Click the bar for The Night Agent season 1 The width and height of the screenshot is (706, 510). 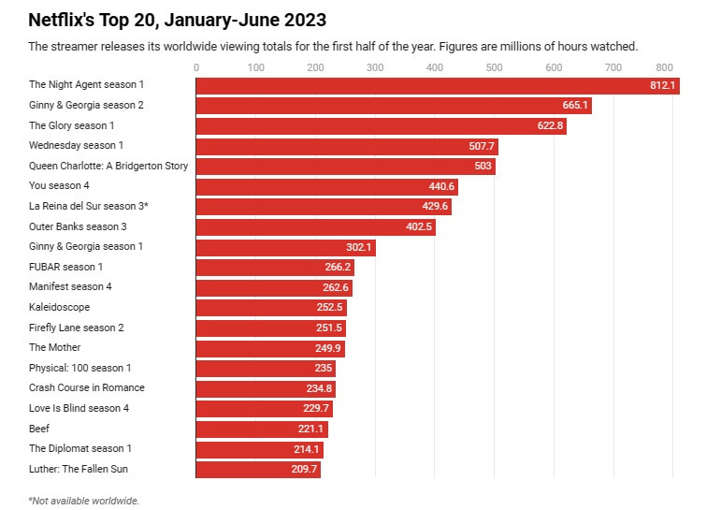(x=437, y=85)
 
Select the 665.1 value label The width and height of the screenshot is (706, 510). (x=574, y=106)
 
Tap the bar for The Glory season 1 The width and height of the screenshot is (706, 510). (x=381, y=126)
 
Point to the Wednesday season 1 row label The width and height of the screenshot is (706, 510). (x=76, y=146)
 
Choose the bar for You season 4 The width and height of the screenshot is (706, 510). (x=326, y=186)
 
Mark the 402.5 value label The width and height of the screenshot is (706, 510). (x=418, y=226)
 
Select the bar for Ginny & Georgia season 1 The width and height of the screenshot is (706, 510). (x=285, y=247)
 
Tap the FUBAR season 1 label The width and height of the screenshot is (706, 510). (x=65, y=267)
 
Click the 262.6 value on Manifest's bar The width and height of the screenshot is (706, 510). (x=334, y=287)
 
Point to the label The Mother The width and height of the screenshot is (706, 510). (x=55, y=347)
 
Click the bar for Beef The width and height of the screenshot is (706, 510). (x=262, y=429)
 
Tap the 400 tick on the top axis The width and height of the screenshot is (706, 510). (x=434, y=67)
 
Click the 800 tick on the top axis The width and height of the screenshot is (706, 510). (x=665, y=67)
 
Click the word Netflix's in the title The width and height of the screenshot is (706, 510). (x=62, y=20)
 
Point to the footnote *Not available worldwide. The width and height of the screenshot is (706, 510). (x=83, y=501)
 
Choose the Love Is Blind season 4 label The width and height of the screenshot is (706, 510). (x=79, y=408)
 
